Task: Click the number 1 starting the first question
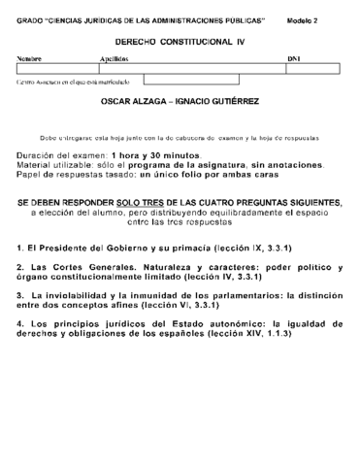[x=20, y=249]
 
